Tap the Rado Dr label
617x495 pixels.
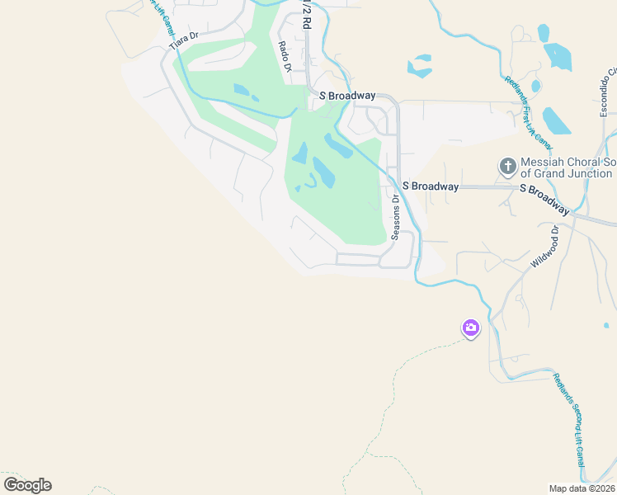(285, 56)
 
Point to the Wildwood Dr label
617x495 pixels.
(545, 245)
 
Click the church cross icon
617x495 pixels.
(507, 167)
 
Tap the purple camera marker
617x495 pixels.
(470, 328)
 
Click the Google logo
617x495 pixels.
(27, 484)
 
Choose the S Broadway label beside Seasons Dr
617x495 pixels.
(431, 186)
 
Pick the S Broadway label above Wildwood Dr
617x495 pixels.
(547, 189)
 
